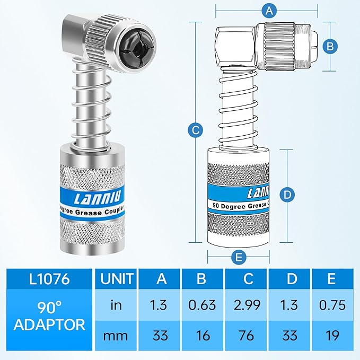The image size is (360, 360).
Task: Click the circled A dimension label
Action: pyautogui.click(x=270, y=10)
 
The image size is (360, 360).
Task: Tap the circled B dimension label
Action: pyautogui.click(x=330, y=47)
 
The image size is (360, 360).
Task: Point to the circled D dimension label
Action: pyautogui.click(x=286, y=195)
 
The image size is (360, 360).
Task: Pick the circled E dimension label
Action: pyautogui.click(x=239, y=258)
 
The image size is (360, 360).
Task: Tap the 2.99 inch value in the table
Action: pyautogui.click(x=246, y=305)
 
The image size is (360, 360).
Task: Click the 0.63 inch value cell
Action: pyautogui.click(x=202, y=305)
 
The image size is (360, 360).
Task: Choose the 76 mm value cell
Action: pyautogui.click(x=246, y=335)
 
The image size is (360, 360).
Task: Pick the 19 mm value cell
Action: pyautogui.click(x=332, y=335)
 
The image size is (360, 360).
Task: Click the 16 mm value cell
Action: pyautogui.click(x=202, y=335)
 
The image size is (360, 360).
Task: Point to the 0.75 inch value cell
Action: pyautogui.click(x=332, y=305)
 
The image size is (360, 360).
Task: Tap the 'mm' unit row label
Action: pyautogui.click(x=115, y=335)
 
